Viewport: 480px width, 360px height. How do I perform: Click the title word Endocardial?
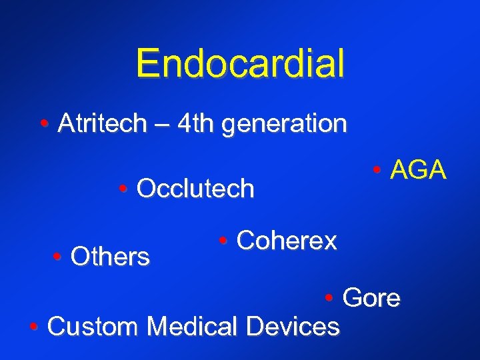pyautogui.click(x=240, y=64)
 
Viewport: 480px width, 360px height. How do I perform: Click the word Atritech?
pyautogui.click(x=102, y=123)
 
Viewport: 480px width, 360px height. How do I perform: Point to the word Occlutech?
pyautogui.click(x=195, y=189)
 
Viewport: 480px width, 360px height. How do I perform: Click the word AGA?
pyautogui.click(x=418, y=171)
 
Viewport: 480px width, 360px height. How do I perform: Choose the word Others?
pyautogui.click(x=110, y=256)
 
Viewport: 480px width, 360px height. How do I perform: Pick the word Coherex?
pyautogui.click(x=287, y=241)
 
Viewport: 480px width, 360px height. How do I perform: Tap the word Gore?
pyautogui.click(x=371, y=298)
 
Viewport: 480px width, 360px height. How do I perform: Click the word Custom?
pyautogui.click(x=94, y=327)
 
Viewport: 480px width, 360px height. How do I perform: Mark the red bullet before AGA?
pyautogui.click(x=377, y=171)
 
